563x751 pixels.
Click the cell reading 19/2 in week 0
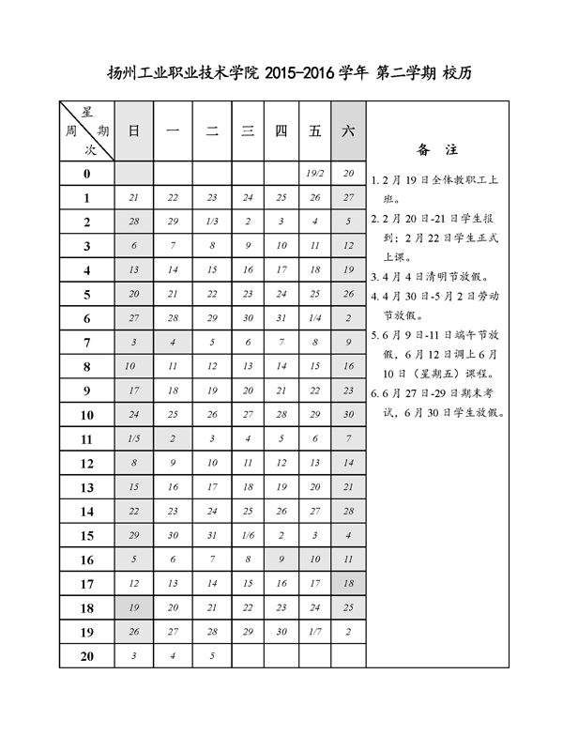tap(315, 174)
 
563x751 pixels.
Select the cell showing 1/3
tap(212, 222)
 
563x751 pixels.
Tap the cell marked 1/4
tap(315, 318)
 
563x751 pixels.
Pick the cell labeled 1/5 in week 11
tap(133, 438)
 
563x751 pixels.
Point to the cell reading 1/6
tap(248, 535)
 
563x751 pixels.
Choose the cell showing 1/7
tap(315, 632)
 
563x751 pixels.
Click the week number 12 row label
tap(87, 463)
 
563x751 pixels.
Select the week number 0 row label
tap(87, 174)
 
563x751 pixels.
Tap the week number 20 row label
tap(87, 656)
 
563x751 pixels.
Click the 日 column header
tap(133, 131)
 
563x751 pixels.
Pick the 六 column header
tap(348, 131)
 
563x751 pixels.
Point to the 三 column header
tap(248, 131)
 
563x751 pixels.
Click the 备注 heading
tap(437, 149)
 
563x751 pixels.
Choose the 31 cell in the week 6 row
tap(281, 318)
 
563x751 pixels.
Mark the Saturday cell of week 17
tap(348, 584)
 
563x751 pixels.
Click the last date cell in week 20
tap(212, 656)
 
